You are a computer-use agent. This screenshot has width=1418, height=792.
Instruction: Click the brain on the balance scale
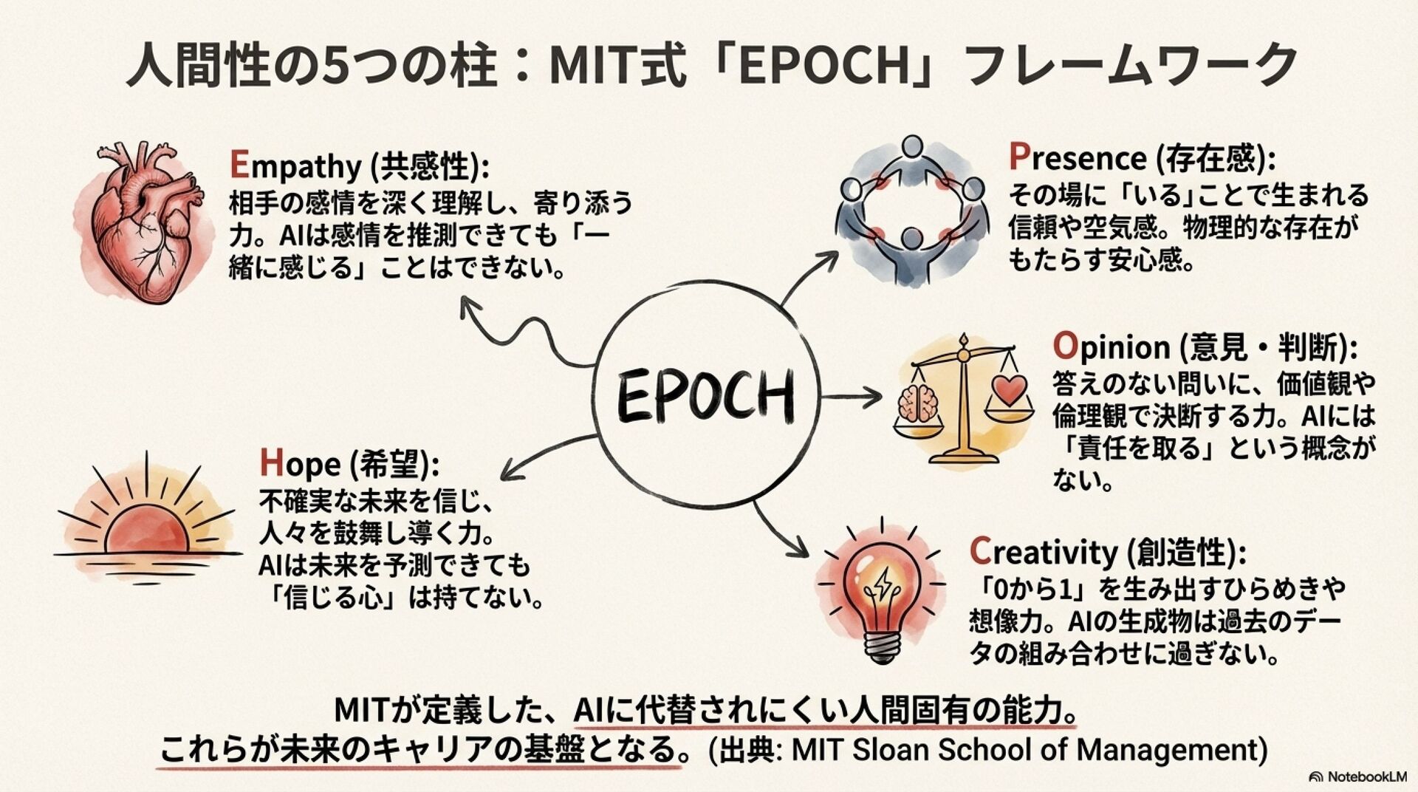917,405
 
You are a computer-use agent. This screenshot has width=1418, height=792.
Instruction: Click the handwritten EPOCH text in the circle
705,395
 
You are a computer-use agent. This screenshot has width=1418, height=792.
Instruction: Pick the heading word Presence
1077,158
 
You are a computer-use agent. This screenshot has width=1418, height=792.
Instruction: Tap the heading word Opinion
1111,346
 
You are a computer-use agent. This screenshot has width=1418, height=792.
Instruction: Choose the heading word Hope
300,464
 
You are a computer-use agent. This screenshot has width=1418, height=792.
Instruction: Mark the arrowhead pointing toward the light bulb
798,548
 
